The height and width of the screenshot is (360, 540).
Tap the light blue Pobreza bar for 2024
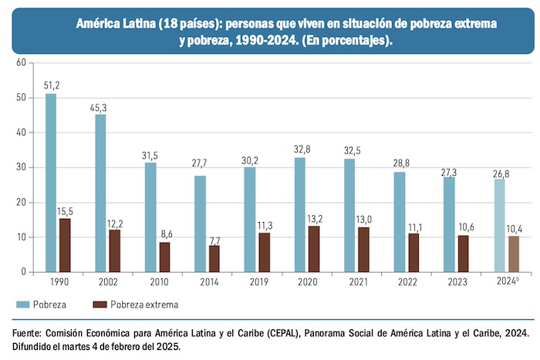[499, 225]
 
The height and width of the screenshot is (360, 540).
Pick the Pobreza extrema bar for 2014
[214, 258]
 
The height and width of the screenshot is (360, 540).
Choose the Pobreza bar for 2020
[300, 214]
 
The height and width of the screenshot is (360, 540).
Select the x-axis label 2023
[456, 283]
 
